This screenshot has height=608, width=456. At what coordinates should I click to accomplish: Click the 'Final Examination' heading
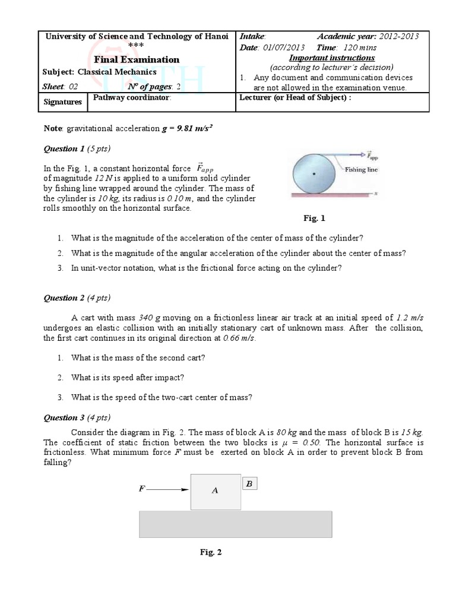[137, 59]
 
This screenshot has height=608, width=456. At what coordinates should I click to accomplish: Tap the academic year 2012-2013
[393, 36]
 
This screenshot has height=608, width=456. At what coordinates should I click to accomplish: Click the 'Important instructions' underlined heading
[331, 58]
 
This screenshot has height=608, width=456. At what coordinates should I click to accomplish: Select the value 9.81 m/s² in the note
[188, 128]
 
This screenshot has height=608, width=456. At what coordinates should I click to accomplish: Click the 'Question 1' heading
[77, 148]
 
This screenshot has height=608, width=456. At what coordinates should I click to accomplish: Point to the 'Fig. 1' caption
[315, 218]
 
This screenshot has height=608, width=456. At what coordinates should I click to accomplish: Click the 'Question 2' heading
[77, 297]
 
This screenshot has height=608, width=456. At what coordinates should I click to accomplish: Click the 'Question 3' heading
[77, 417]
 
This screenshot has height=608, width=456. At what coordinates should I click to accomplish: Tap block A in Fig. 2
[215, 491]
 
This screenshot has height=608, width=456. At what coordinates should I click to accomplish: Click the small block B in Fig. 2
[249, 484]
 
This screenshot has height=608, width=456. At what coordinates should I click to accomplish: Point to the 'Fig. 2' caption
[210, 552]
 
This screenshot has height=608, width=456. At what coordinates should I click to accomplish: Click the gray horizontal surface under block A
[235, 524]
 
